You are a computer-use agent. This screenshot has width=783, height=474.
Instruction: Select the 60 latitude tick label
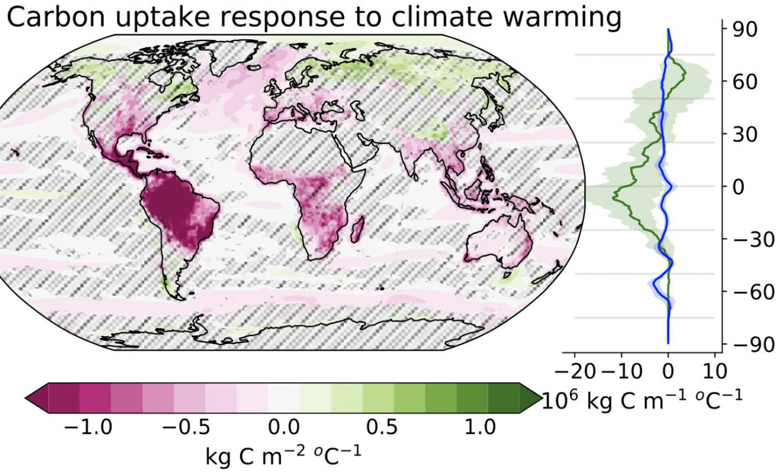click(x=741, y=81)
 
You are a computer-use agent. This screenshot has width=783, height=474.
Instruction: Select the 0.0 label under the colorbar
click(x=284, y=427)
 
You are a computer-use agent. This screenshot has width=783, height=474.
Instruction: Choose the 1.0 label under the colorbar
click(x=481, y=427)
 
